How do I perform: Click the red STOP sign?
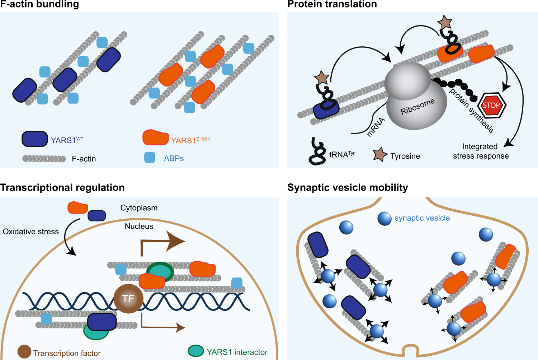(492, 106)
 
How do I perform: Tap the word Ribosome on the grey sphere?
(417, 107)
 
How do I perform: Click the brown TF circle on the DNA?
(128, 298)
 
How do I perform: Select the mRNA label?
(376, 127)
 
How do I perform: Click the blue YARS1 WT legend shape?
(35, 139)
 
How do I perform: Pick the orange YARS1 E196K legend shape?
(156, 138)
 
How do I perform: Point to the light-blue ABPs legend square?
(150, 158)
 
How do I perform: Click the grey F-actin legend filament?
(44, 159)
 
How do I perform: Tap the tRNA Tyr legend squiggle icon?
(317, 151)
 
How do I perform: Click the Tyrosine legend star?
(380, 155)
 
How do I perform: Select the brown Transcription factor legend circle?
(24, 352)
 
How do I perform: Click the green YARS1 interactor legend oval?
(196, 351)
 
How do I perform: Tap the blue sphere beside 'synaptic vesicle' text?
(384, 218)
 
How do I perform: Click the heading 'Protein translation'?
(332, 4)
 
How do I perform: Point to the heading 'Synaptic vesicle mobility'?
(348, 187)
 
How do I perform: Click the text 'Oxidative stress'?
(31, 232)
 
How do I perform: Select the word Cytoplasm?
(139, 208)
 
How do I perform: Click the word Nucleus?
(139, 226)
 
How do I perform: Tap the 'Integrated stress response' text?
(481, 151)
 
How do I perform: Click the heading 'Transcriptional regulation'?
(62, 187)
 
